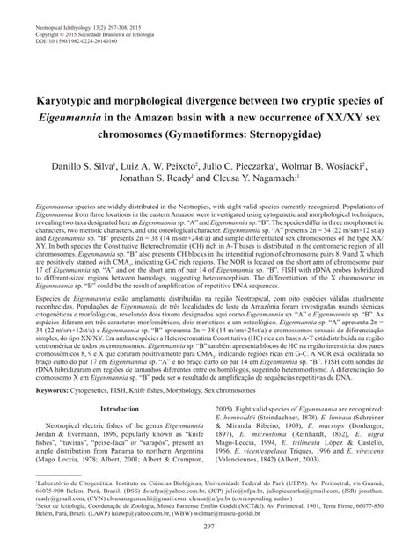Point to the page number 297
(208, 525)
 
